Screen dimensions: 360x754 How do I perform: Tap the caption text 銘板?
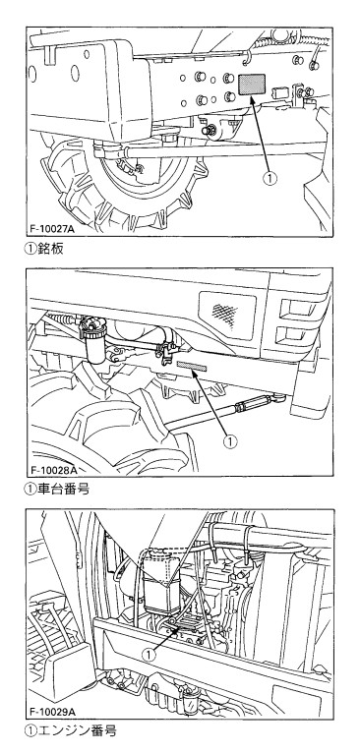[50, 248]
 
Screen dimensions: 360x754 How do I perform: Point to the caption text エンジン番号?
[77, 731]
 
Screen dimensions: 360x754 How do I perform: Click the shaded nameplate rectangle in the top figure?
[253, 84]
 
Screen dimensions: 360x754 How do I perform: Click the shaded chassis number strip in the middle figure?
[192, 367]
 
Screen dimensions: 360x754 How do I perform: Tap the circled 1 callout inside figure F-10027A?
[270, 178]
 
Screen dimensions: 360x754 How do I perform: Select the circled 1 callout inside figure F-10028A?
[231, 441]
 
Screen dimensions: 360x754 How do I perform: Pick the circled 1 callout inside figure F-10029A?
[150, 655]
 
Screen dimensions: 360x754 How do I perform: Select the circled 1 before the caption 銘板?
[30, 249]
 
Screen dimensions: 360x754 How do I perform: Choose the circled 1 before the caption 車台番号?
[30, 490]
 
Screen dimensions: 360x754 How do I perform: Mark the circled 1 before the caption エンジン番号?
[30, 731]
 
